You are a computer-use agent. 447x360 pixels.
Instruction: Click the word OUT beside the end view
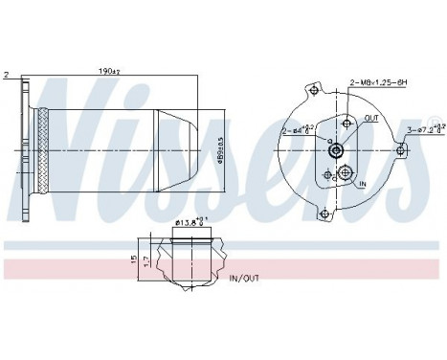(x=371, y=119)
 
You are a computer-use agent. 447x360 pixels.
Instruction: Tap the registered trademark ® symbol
(x=436, y=121)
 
